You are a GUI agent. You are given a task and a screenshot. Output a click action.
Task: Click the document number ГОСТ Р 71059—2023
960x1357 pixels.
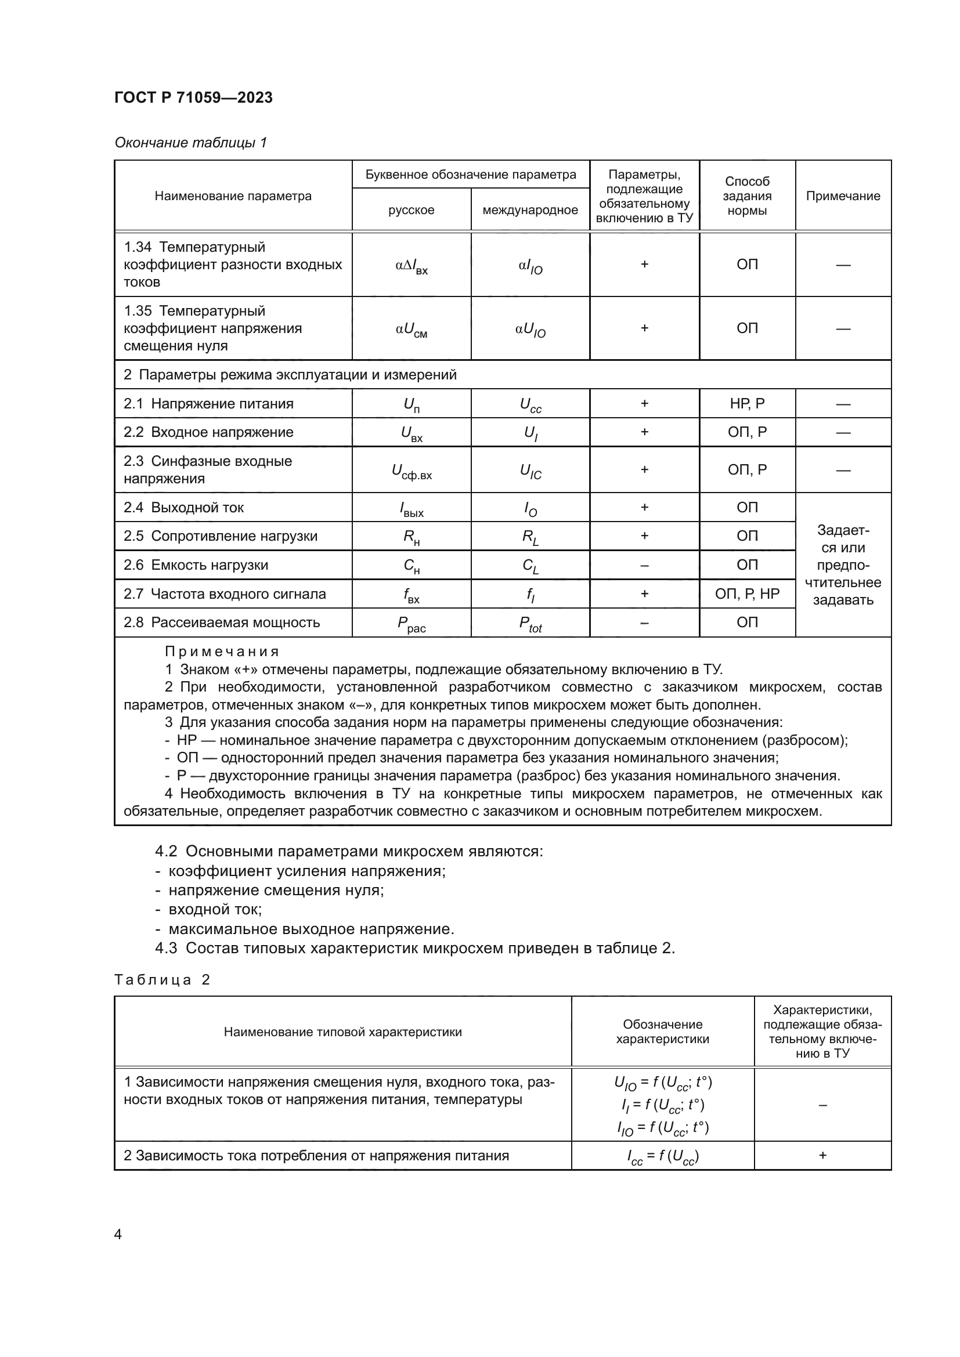193,97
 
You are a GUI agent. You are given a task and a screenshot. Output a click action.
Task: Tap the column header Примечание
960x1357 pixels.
842,196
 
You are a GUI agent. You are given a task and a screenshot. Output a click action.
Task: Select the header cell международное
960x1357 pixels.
530,211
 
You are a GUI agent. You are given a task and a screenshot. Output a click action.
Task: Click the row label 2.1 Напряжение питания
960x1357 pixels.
208,404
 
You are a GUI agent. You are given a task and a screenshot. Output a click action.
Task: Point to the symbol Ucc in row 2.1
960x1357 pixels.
530,405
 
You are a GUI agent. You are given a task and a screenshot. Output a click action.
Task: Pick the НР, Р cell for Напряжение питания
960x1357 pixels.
746,404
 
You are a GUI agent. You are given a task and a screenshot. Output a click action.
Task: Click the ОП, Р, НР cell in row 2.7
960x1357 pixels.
746,594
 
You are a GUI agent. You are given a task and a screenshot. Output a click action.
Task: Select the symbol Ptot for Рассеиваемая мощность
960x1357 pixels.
530,624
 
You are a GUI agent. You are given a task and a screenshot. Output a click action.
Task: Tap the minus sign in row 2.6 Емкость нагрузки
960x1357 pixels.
644,565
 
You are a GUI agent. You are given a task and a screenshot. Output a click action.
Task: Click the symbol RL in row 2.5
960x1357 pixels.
530,537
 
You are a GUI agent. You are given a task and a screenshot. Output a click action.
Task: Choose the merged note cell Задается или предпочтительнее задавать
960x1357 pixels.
842,565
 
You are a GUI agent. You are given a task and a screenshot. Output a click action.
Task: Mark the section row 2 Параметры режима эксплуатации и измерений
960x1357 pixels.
290,375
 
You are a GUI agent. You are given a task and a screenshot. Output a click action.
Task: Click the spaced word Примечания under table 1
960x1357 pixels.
221,652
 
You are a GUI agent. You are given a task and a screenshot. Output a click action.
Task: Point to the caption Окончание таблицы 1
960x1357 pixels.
190,143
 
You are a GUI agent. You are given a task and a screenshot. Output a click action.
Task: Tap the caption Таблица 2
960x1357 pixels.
162,979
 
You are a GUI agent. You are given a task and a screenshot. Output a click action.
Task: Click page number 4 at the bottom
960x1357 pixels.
118,1234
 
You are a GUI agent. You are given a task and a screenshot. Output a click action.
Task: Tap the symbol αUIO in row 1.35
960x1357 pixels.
530,329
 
